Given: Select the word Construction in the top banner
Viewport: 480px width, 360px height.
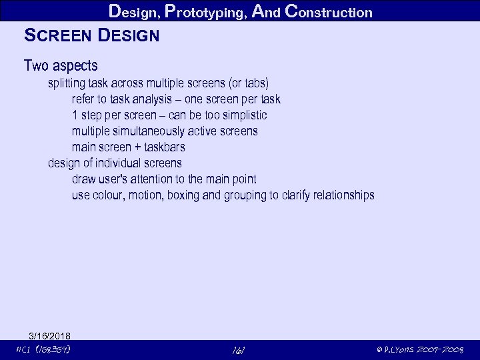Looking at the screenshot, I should pos(328,11).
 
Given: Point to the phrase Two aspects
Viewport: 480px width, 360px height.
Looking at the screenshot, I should pos(61,66).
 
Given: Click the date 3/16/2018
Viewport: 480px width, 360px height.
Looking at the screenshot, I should pos(50,335).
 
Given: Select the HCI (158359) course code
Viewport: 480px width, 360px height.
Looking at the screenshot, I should pos(42,349).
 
